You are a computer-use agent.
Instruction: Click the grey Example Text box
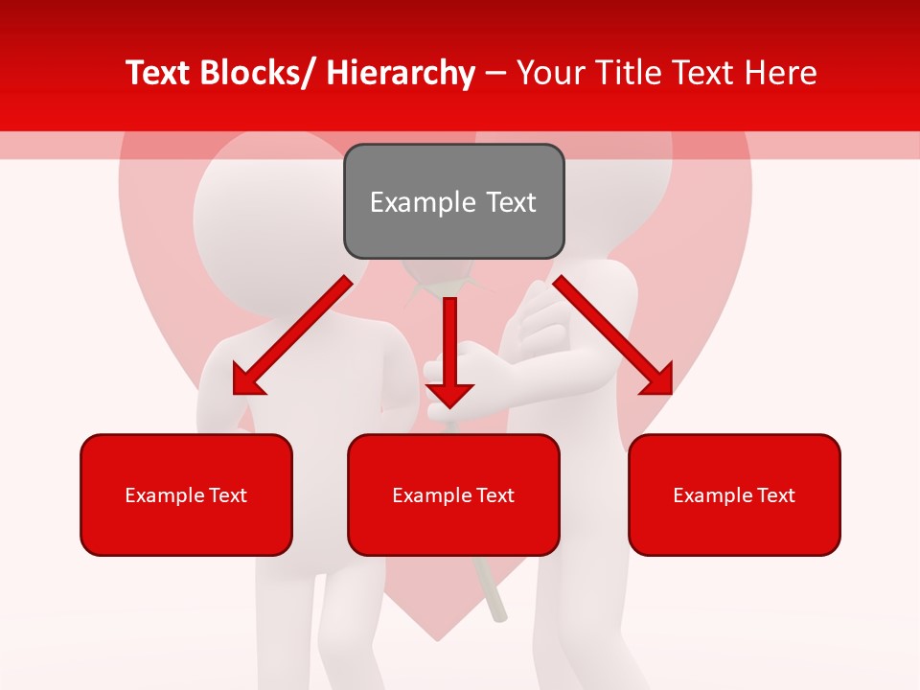coord(453,201)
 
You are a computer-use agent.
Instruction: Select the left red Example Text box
coord(186,494)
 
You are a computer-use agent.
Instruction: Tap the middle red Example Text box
coord(453,494)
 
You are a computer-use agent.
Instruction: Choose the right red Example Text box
coord(734,494)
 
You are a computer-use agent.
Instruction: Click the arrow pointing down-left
coord(293,334)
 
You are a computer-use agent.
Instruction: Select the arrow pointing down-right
coord(612,334)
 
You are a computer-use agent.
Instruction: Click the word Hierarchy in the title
coord(401,73)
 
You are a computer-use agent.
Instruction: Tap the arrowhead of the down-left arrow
coord(247,381)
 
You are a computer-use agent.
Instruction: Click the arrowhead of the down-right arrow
coord(657,380)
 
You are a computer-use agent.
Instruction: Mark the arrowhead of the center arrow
coord(449,393)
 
